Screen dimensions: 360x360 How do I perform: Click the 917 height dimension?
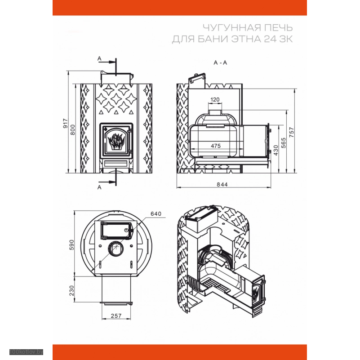click(x=66, y=124)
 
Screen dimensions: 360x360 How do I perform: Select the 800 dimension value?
click(x=72, y=130)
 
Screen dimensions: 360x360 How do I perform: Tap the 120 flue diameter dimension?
click(x=215, y=100)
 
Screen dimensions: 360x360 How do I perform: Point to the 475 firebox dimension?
click(x=216, y=146)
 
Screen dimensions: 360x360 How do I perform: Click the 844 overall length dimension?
click(x=222, y=184)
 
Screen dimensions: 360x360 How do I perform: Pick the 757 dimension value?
click(x=292, y=132)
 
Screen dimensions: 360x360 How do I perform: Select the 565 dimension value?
click(x=284, y=143)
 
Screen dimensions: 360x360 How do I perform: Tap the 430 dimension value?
click(x=276, y=150)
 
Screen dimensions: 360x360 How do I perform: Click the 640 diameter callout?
click(x=156, y=214)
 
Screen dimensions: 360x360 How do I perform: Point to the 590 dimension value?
click(x=72, y=245)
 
